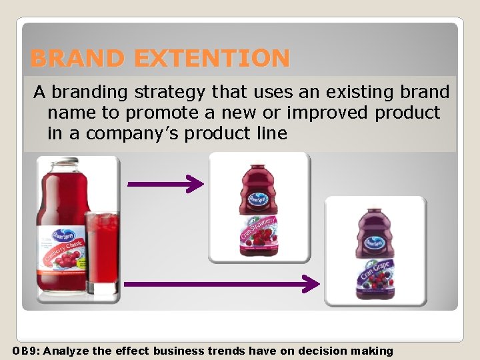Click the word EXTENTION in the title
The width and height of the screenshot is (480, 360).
click(211, 59)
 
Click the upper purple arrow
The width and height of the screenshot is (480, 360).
click(165, 184)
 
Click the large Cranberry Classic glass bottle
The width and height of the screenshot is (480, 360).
click(62, 227)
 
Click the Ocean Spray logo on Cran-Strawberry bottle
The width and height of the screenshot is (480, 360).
click(256, 199)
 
